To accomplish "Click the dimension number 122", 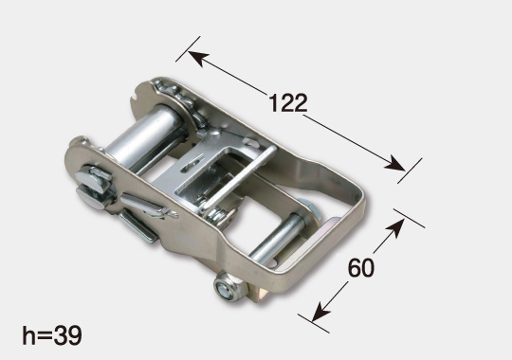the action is [288, 103].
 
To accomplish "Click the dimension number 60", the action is [361, 268].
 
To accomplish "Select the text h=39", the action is [52, 335].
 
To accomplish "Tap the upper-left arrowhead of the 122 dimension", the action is [198, 58].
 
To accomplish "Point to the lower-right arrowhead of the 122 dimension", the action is [395, 164].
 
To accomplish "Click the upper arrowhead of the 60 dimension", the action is [396, 227].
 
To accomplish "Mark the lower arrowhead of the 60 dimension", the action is [320, 312].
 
